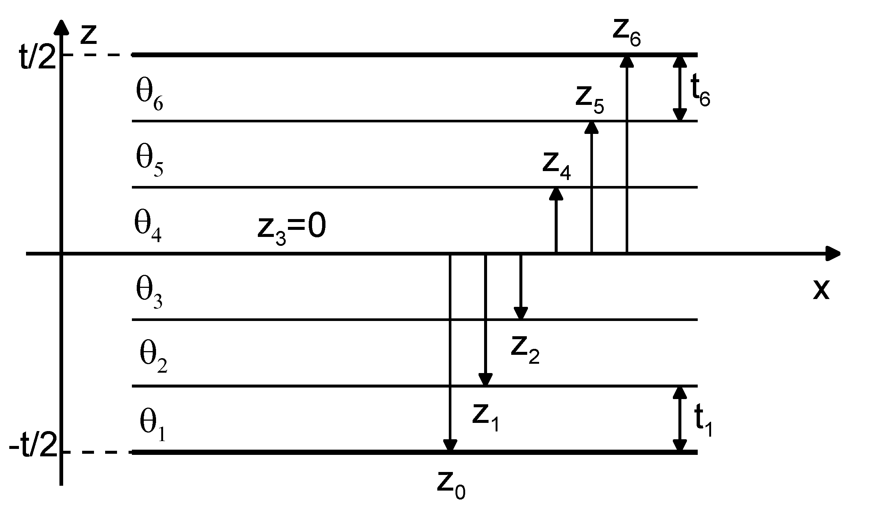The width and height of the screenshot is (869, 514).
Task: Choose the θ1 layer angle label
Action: [152, 426]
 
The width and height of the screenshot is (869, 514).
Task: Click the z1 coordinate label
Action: [486, 417]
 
